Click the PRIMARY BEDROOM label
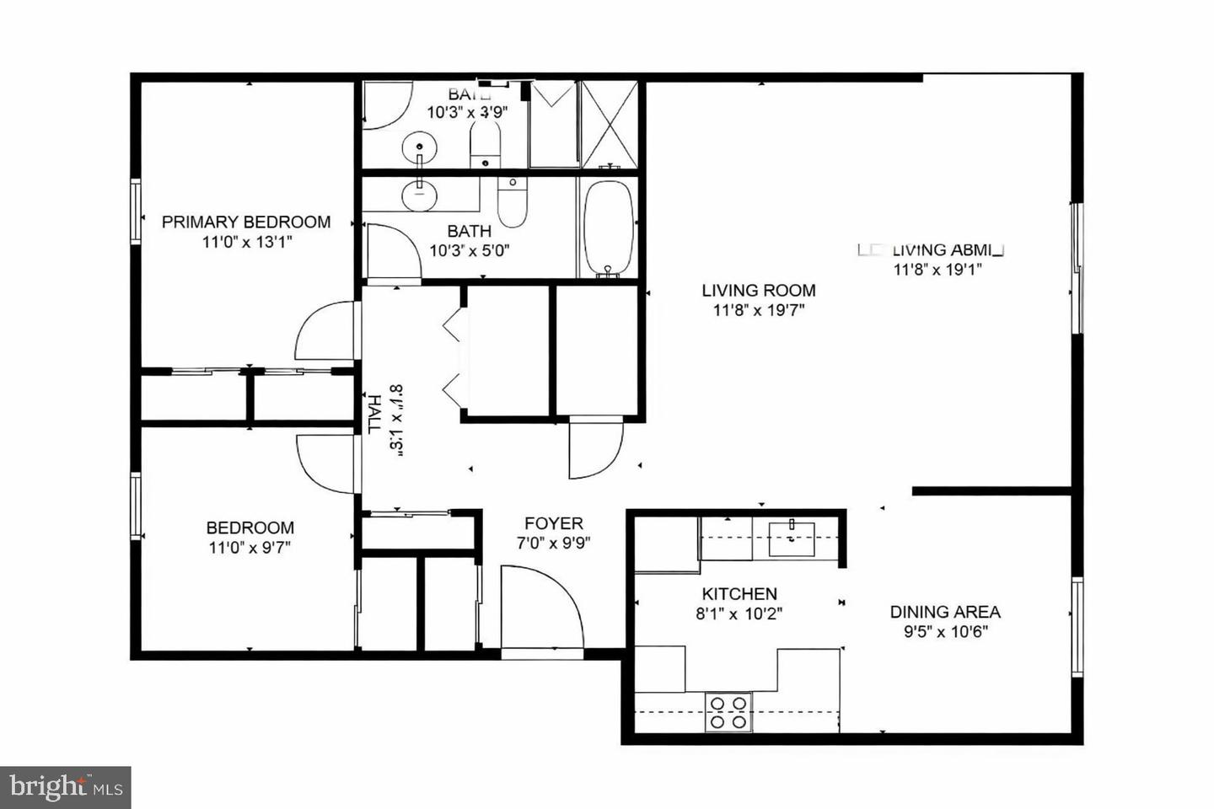tap(245, 222)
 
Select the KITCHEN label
tap(739, 593)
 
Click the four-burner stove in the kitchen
tap(728, 711)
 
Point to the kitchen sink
tap(792, 538)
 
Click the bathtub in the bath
tap(607, 228)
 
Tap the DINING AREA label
tap(945, 612)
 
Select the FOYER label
tap(553, 523)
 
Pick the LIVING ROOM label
tap(759, 290)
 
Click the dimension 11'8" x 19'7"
tap(759, 310)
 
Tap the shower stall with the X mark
tap(610, 124)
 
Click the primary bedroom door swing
tap(325, 332)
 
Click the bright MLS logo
tap(65, 787)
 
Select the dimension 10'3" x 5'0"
tap(470, 250)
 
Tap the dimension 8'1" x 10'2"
tap(739, 613)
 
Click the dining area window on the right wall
tap(1077, 627)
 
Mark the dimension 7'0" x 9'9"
tap(553, 544)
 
